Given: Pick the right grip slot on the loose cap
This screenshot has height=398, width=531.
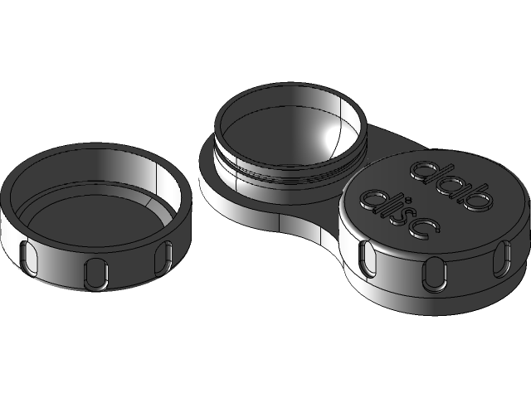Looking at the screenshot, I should tap(165, 255).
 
